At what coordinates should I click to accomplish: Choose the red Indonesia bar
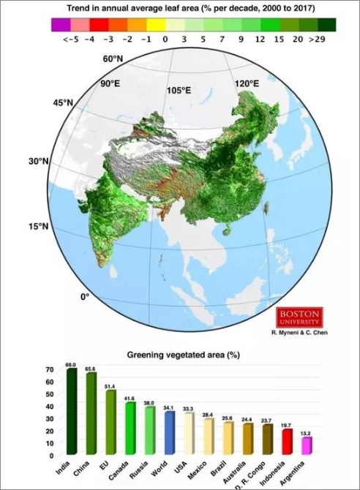287,440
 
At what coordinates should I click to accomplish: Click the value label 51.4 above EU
110,386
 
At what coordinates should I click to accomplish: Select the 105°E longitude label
178,91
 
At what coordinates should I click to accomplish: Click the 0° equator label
84,297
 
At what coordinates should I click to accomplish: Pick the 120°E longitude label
247,84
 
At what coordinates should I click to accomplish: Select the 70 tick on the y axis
48,371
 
